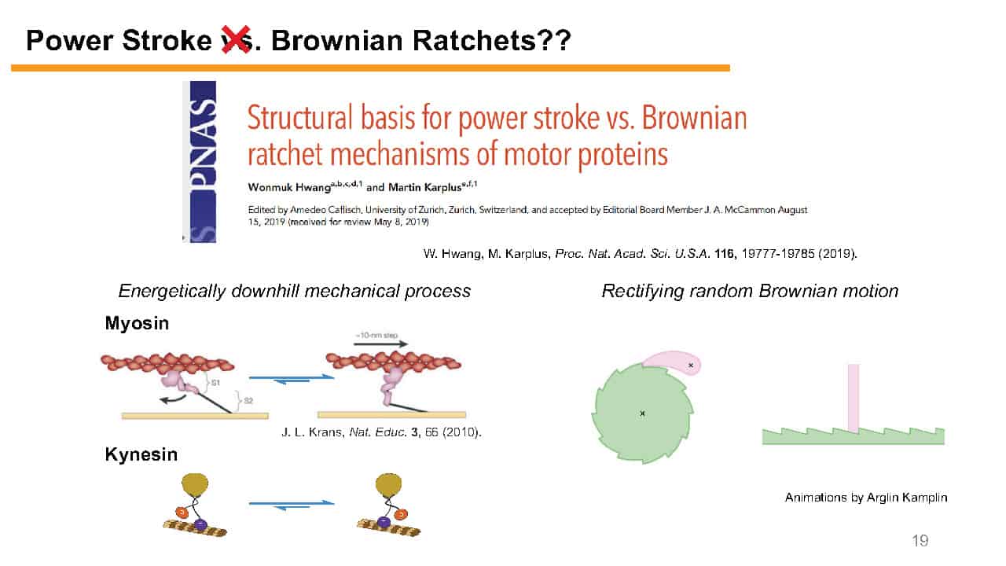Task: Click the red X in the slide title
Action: tap(236, 40)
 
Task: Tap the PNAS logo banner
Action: tap(203, 162)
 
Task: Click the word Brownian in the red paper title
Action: tap(694, 118)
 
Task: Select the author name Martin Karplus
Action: tap(425, 187)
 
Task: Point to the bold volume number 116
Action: tap(725, 254)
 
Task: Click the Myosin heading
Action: tap(137, 323)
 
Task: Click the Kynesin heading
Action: tap(141, 454)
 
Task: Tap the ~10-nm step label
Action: tap(376, 335)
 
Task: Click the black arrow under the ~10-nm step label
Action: tap(381, 344)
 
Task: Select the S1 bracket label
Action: tap(215, 383)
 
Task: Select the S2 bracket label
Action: tap(248, 400)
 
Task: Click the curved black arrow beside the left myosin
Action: tap(174, 399)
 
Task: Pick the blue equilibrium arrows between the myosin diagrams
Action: tap(292, 380)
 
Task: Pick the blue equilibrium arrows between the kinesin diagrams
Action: tap(292, 505)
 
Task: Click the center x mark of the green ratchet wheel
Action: tap(642, 413)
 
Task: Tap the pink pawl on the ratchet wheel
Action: tap(672, 363)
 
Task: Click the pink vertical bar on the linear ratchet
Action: tap(854, 398)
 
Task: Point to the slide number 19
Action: tap(920, 540)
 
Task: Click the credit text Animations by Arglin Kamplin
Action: tap(866, 498)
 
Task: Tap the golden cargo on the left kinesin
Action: tap(195, 484)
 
